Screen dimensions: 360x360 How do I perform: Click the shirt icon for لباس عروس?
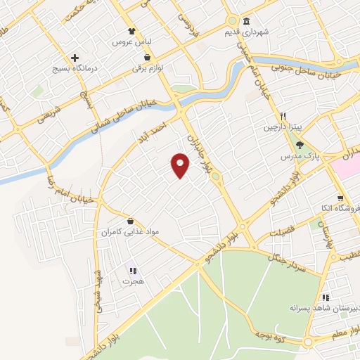(131, 31)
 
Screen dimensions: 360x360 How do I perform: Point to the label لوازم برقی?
(147, 69)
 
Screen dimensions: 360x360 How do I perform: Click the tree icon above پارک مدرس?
(301, 143)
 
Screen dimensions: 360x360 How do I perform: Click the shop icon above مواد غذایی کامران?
(129, 220)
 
